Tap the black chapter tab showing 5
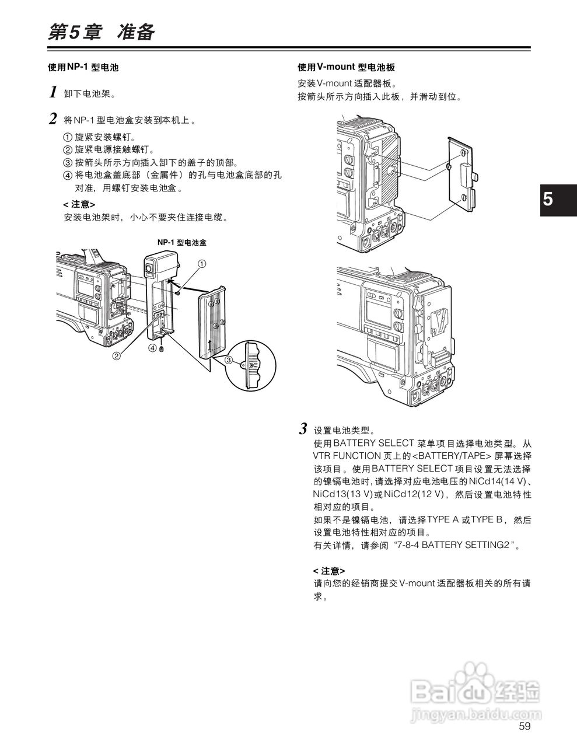pyautogui.click(x=557, y=199)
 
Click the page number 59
pyautogui.click(x=524, y=727)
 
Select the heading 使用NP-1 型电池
pyautogui.click(x=83, y=67)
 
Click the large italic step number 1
pyautogui.click(x=53, y=92)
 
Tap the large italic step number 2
pyautogui.click(x=53, y=120)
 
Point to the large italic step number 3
pyautogui.click(x=303, y=430)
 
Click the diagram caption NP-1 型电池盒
pyautogui.click(x=182, y=242)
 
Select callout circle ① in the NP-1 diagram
pyautogui.click(x=201, y=264)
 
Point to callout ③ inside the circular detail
pyautogui.click(x=229, y=361)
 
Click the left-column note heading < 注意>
pyautogui.click(x=79, y=204)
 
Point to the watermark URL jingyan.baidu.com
pyautogui.click(x=476, y=714)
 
